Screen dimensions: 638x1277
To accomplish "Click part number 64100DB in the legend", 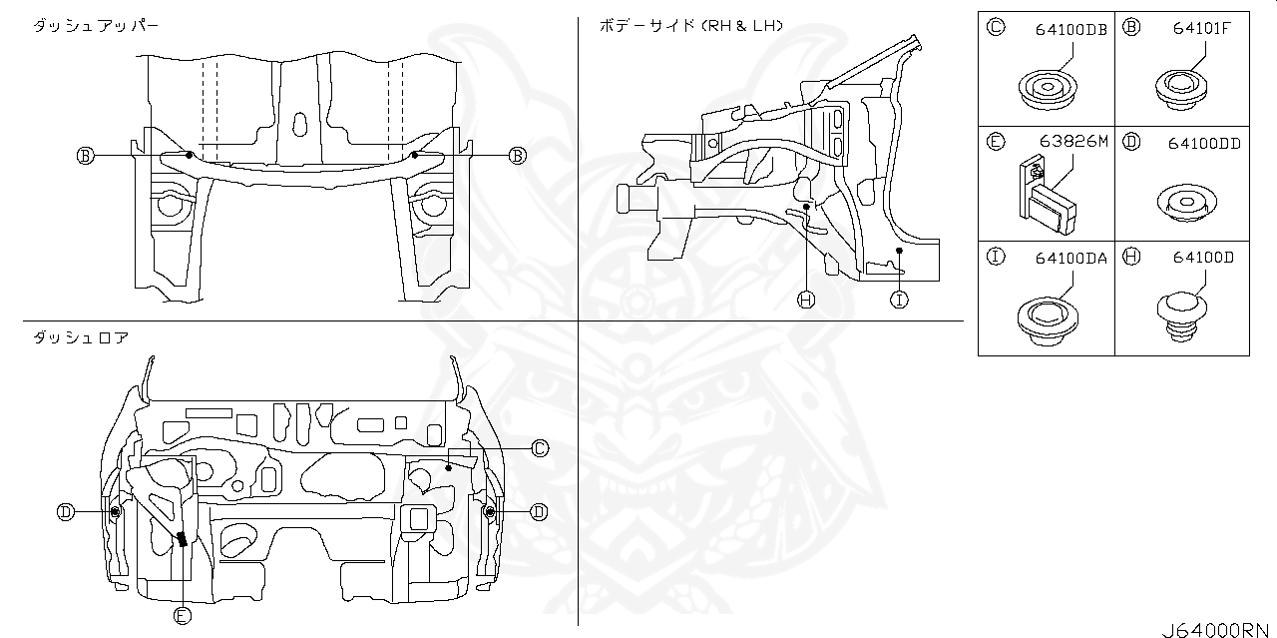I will tap(1070, 30).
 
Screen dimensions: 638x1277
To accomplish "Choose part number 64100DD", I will tap(1204, 143).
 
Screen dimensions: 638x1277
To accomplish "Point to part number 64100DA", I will tap(1070, 257).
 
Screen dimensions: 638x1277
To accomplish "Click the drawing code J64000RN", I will tap(1217, 630).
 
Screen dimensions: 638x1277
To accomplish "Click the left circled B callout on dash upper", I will tap(85, 155).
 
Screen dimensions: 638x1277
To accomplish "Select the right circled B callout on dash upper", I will tap(517, 155).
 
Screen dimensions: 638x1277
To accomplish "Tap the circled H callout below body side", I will tap(806, 299).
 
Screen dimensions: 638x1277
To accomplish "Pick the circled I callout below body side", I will tap(899, 299).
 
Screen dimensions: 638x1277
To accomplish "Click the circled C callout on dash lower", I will tap(539, 448).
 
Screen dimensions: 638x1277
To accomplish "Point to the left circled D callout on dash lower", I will tap(65, 512).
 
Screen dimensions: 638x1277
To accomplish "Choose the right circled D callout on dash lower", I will tap(538, 512).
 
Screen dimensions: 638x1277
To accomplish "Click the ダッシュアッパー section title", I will tap(95, 24).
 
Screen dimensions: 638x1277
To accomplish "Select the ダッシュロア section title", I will tap(80, 337).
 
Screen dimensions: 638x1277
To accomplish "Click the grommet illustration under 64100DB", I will tap(1049, 88).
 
